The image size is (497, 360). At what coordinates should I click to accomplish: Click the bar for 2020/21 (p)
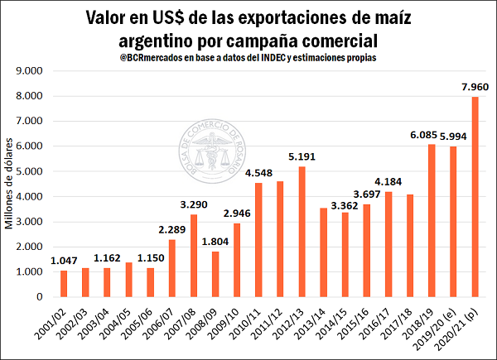[475, 197]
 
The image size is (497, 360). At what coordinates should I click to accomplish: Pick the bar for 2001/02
[64, 284]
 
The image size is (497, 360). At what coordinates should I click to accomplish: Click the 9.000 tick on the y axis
[29, 71]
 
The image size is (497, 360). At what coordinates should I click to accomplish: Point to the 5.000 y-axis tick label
[29, 171]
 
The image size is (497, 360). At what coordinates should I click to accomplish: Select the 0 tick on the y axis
[39, 297]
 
